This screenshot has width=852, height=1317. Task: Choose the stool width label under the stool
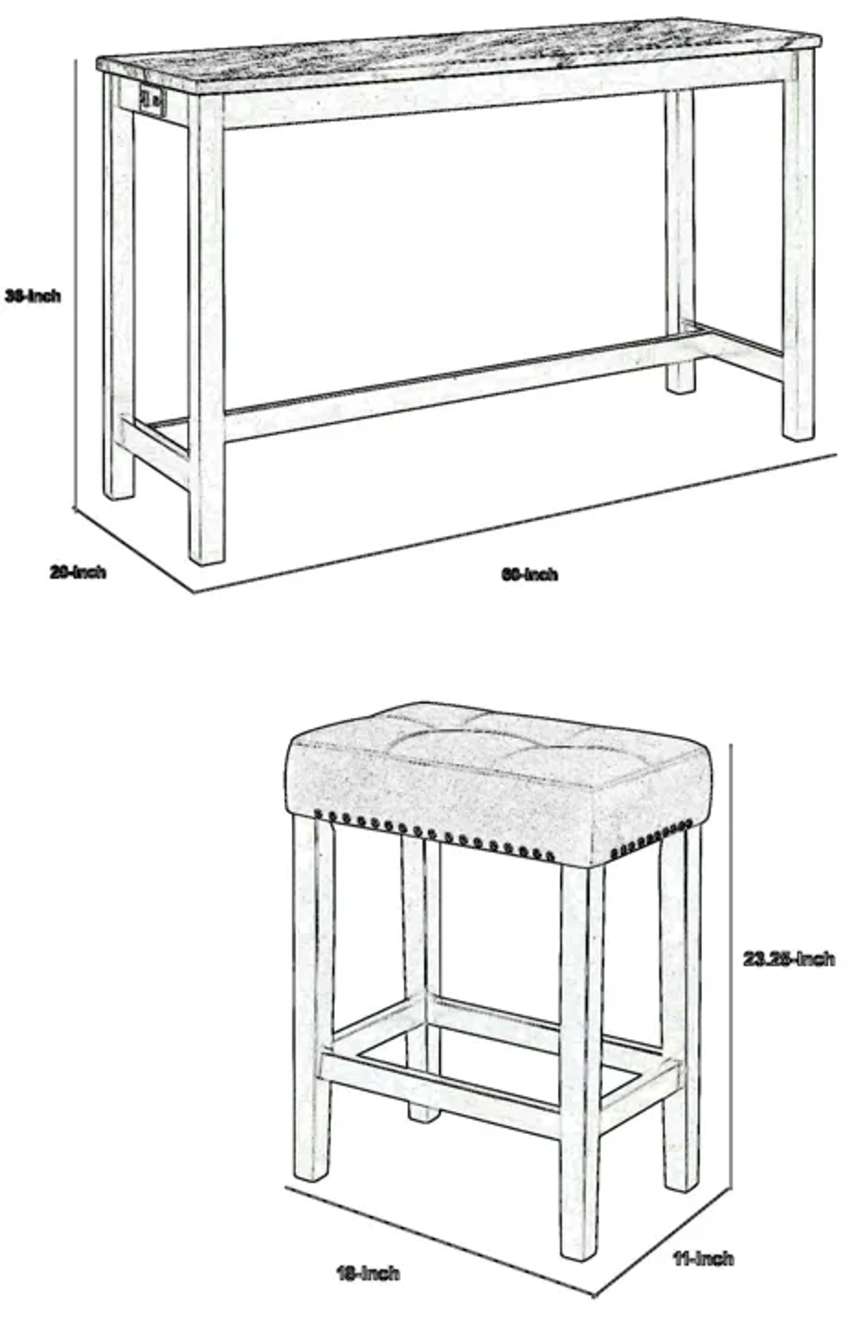point(368,1273)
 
